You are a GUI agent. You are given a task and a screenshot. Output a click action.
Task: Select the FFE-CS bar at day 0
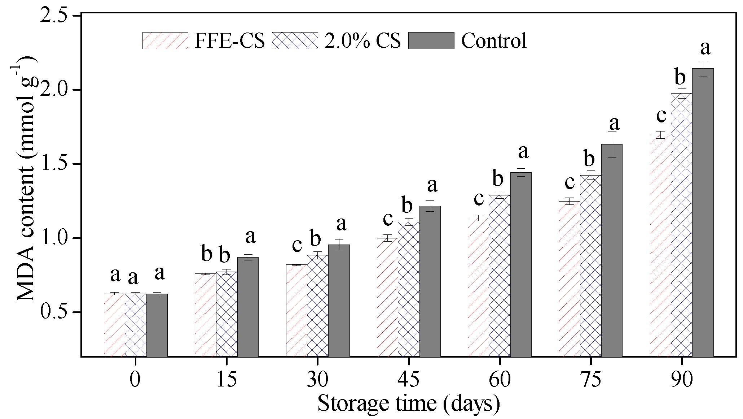114,325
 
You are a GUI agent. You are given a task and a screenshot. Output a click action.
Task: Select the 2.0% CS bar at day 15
227,314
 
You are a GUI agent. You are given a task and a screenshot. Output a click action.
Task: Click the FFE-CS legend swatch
165,40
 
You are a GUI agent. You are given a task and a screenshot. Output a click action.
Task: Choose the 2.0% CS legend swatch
295,40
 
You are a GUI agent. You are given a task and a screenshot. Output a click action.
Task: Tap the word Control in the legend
494,40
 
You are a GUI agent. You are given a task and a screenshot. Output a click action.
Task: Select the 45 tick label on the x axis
409,379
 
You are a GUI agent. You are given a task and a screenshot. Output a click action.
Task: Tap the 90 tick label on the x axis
682,379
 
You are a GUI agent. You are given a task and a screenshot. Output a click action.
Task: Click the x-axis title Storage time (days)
409,403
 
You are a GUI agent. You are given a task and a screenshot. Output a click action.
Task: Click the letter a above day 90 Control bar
705,48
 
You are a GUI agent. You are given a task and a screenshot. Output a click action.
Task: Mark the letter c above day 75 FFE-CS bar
569,183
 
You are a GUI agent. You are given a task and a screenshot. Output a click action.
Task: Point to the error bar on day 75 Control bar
612,144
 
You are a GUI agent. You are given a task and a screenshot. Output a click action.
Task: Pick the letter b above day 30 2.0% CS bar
315,239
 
